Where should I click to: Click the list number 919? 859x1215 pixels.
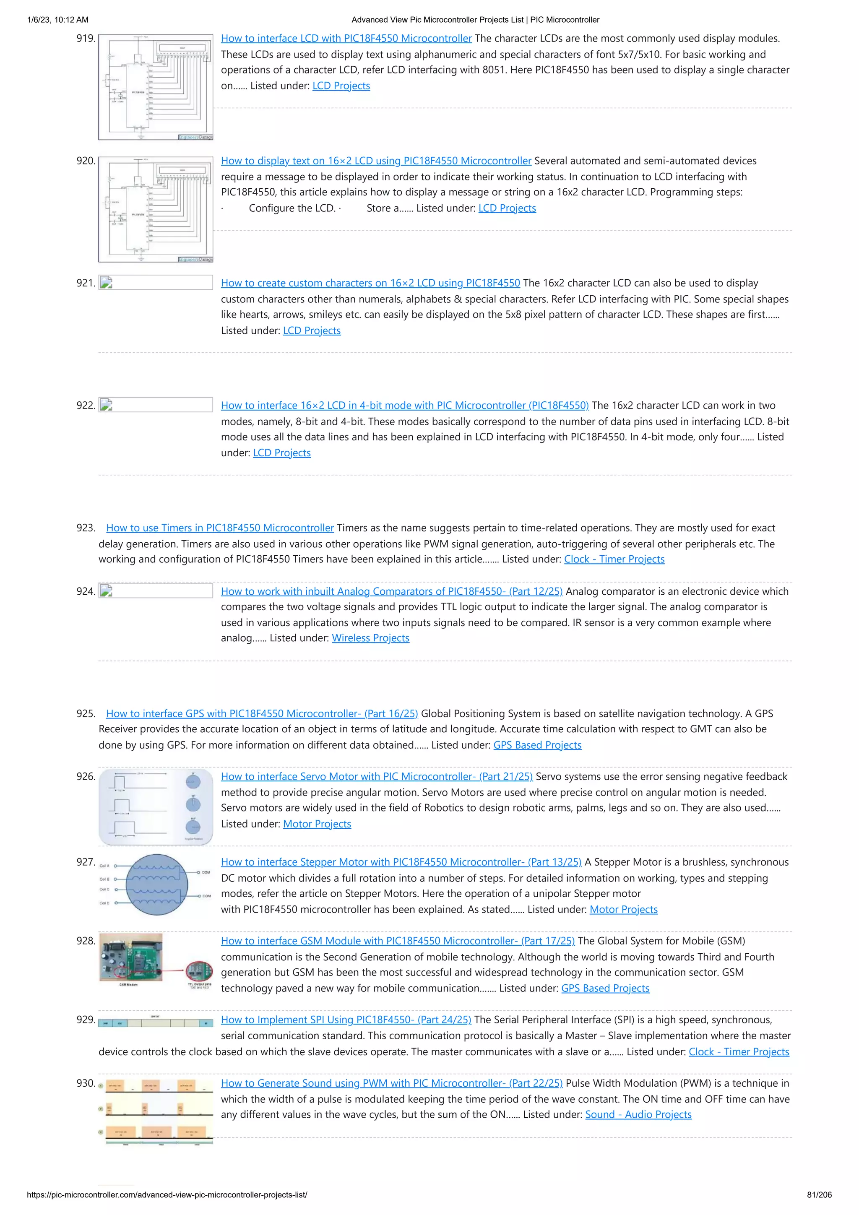coord(86,39)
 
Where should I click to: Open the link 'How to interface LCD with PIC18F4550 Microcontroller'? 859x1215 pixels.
coord(346,39)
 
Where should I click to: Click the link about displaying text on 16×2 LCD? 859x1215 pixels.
coord(376,161)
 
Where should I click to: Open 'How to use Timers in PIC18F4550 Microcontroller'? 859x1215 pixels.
coord(220,528)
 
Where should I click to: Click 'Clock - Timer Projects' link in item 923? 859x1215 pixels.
coord(614,559)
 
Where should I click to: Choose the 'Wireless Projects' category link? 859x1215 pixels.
coord(370,638)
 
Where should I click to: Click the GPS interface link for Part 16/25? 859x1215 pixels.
coord(262,713)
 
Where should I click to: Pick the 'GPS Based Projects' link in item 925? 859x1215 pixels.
coord(537,745)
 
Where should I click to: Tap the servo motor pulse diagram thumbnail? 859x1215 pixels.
coord(156,807)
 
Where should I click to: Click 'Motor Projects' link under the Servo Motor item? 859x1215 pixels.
coord(317,824)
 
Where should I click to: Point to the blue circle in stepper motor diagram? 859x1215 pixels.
coord(157,885)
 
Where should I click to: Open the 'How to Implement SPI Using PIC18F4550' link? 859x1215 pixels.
coord(346,1020)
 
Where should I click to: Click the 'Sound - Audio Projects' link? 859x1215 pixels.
coord(638,1114)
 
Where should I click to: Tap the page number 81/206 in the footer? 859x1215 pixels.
coord(819,1195)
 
